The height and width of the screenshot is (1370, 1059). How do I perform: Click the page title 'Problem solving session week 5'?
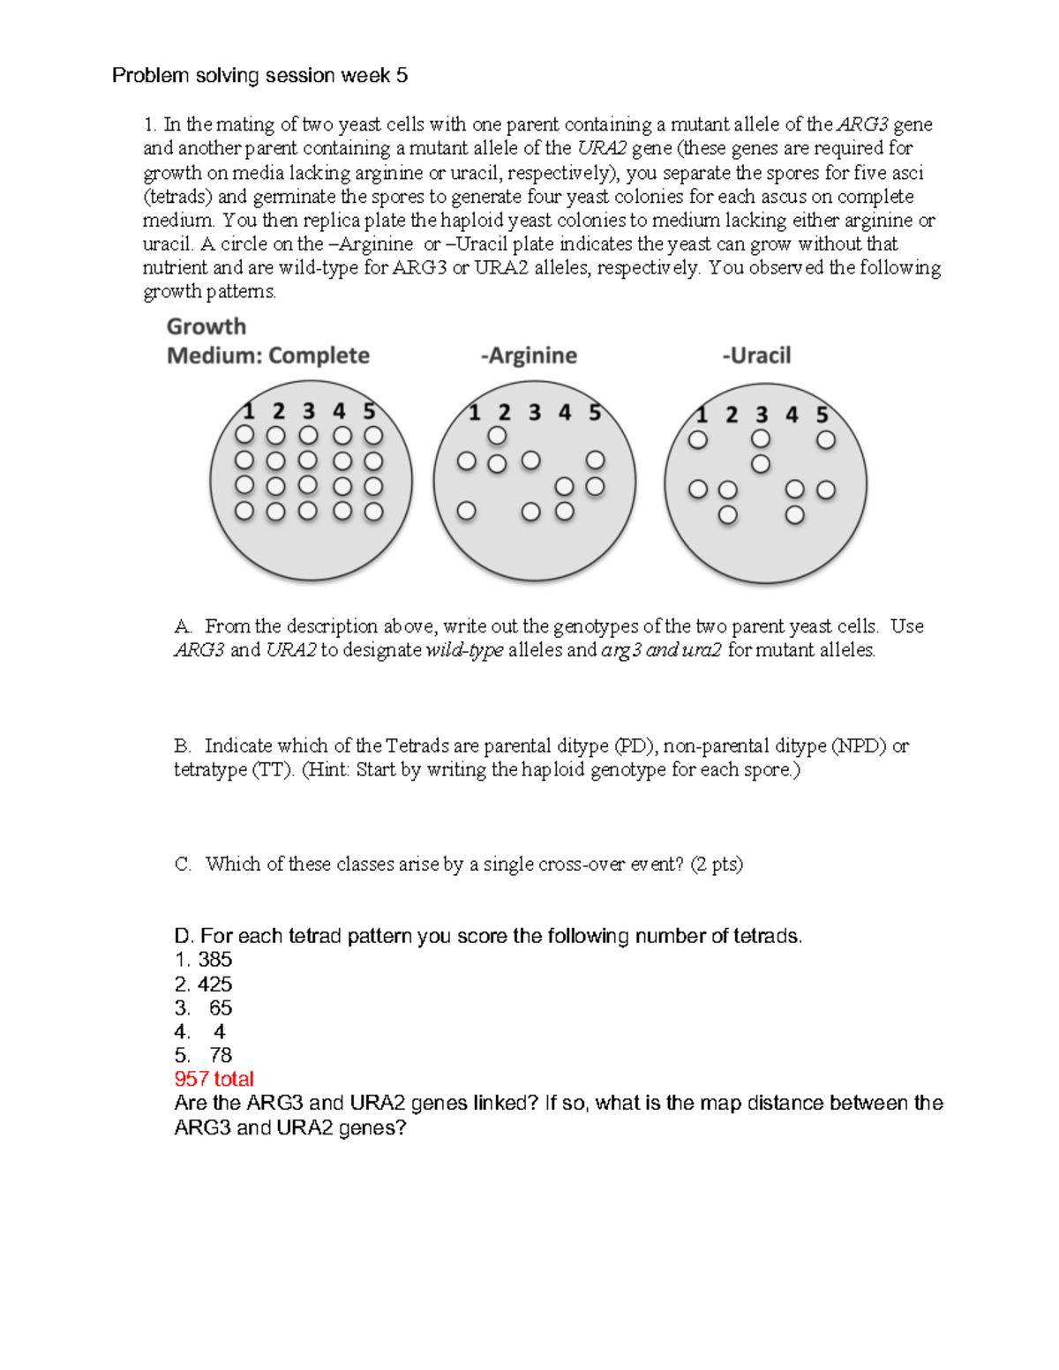[259, 76]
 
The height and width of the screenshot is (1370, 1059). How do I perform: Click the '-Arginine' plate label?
[529, 356]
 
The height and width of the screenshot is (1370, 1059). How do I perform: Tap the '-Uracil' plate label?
[756, 356]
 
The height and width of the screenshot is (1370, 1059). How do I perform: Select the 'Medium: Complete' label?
[268, 356]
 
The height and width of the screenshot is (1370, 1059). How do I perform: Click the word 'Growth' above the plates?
[207, 326]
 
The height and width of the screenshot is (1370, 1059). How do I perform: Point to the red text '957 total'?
[214, 1079]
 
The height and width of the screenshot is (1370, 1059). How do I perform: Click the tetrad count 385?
[214, 960]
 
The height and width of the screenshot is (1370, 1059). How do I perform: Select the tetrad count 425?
[214, 984]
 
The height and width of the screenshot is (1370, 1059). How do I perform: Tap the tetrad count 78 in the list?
[221, 1055]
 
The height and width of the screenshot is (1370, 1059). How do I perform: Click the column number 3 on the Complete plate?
[308, 411]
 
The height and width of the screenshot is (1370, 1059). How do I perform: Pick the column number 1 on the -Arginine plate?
[475, 413]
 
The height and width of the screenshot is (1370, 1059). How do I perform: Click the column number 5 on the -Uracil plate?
[822, 415]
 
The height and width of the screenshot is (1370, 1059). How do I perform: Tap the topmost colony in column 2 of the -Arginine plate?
[498, 436]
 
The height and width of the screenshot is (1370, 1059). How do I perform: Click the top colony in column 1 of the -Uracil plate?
[698, 439]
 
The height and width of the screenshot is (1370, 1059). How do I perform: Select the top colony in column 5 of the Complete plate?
[373, 436]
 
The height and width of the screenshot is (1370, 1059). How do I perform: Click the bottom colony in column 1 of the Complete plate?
[244, 511]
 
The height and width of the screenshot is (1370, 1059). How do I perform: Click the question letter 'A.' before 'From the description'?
[183, 626]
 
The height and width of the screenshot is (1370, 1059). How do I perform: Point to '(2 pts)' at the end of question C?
[717, 865]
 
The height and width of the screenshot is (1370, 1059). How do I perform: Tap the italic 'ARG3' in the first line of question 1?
[862, 124]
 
